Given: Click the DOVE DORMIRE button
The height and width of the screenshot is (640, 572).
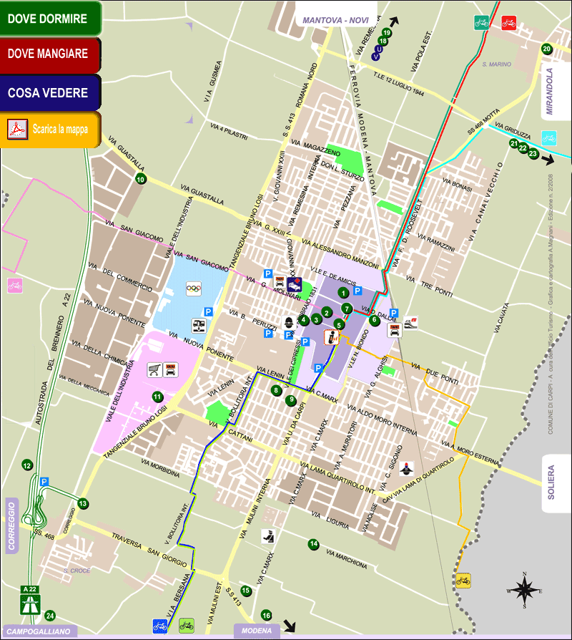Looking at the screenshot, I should [50, 19].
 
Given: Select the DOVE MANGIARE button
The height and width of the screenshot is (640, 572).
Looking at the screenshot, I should [50, 54].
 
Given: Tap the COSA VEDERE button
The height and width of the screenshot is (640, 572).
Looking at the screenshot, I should [50, 93].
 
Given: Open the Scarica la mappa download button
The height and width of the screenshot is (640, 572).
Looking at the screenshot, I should [50, 130].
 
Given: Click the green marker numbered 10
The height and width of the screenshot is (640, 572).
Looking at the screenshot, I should [141, 179].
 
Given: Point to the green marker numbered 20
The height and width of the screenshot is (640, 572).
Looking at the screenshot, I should [546, 49].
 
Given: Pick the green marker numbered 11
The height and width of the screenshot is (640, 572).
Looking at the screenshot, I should [157, 397].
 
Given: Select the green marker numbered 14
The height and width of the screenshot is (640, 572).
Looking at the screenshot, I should [313, 545].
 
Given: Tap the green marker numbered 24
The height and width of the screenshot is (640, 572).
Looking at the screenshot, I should [50, 615].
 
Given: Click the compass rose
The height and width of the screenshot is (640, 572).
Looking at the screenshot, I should [524, 591].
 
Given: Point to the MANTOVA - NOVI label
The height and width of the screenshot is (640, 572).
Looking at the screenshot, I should [335, 20].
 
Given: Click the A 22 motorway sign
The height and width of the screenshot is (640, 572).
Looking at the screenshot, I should [30, 599].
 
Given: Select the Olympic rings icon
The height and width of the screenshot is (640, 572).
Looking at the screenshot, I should [194, 289].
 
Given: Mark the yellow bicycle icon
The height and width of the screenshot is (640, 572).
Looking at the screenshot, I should [463, 580].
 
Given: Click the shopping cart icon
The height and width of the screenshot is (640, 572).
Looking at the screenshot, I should [154, 370].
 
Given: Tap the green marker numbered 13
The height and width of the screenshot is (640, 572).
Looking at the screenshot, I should [83, 504].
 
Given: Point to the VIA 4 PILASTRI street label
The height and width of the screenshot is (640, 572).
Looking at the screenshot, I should [228, 128].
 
